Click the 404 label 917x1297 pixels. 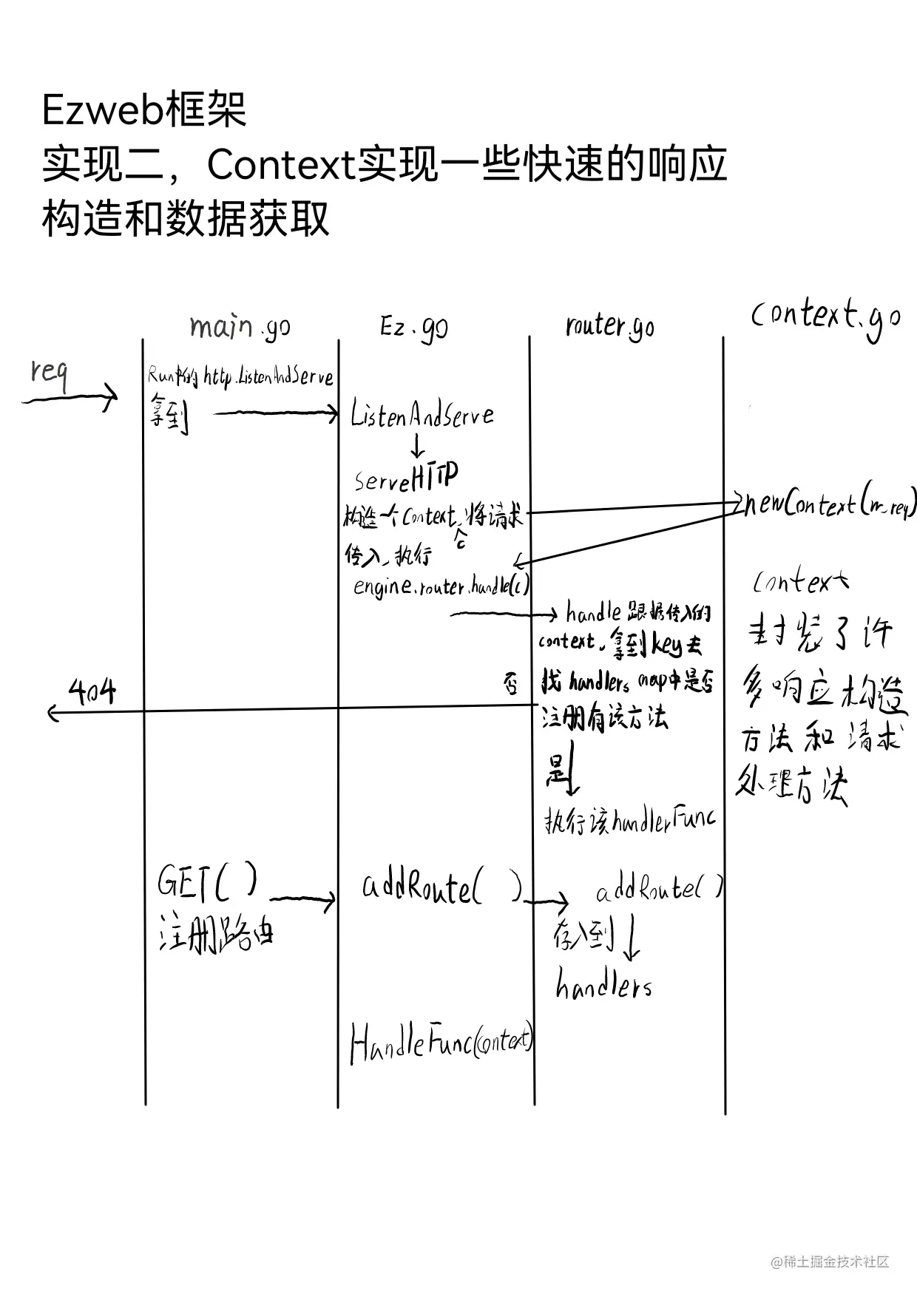(92, 692)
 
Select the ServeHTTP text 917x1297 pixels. (406, 478)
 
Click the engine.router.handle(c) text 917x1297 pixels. (441, 586)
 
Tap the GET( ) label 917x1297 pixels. (208, 881)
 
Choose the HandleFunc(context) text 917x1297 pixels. (441, 1043)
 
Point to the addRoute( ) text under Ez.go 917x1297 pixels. (441, 886)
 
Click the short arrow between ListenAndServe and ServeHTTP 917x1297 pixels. (417, 446)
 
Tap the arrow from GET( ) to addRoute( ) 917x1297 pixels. (302, 899)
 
